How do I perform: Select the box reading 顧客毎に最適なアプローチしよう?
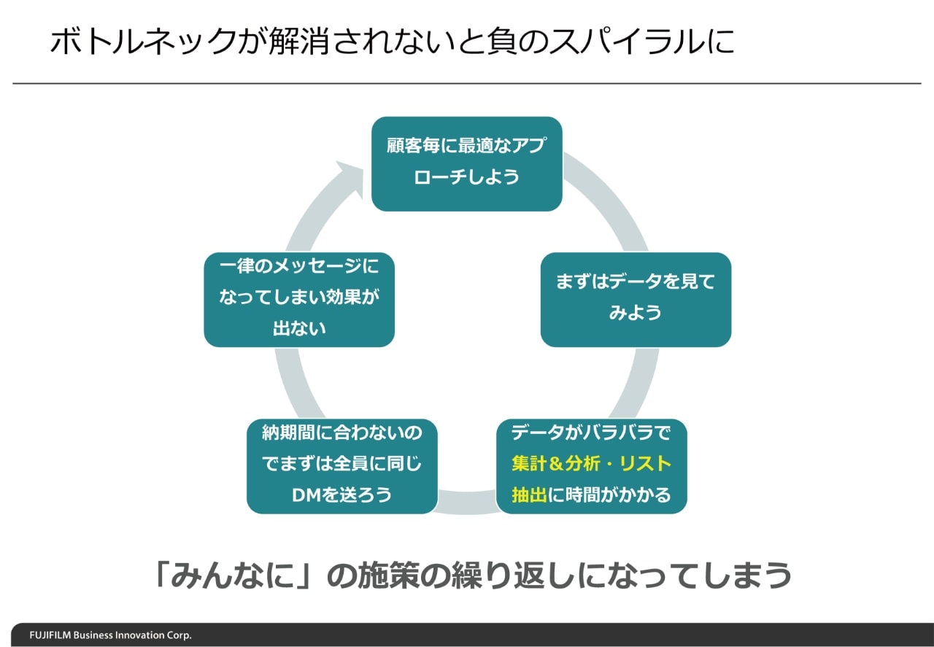point(467,164)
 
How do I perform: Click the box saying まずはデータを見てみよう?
point(636,299)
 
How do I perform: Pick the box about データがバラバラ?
point(591,465)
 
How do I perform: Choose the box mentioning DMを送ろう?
point(342,465)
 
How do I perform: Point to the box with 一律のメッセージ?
point(299,299)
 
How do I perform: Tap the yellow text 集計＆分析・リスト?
point(591,464)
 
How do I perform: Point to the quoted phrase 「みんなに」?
point(232,576)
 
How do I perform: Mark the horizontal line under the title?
point(467,84)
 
